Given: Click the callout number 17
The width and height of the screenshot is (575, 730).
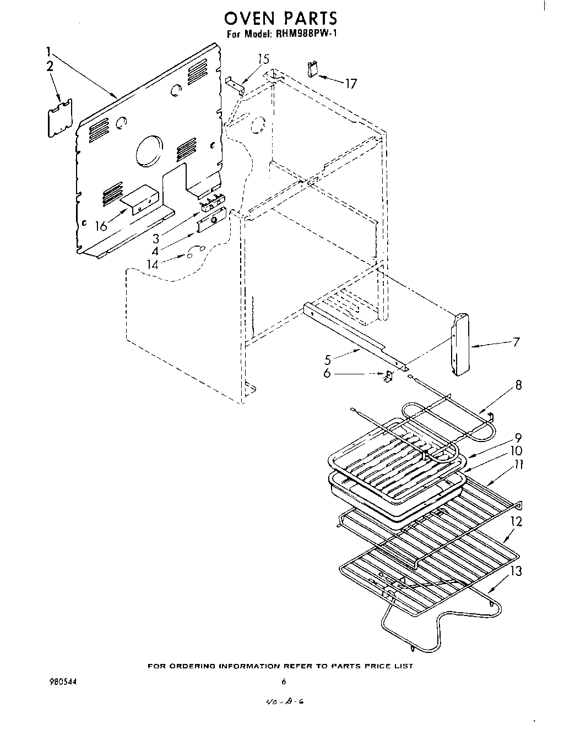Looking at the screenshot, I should pos(351,84).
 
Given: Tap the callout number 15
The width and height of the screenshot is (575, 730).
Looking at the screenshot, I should pos(264,59).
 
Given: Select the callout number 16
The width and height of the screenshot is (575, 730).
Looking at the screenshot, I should pos(101,226).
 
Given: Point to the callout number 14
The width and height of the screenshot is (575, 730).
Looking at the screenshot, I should pos(152,264).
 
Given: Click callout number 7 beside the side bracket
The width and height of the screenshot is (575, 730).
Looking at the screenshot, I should pos(516,342).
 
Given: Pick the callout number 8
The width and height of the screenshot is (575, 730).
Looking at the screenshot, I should pos(518,385).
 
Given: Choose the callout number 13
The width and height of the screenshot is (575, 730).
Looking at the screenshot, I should pos(516,571).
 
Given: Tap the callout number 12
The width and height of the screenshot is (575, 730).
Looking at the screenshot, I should pos(516,521).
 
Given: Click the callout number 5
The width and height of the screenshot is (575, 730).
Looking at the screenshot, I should pos(328,360).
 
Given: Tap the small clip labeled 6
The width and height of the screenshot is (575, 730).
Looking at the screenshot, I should pos(388,376).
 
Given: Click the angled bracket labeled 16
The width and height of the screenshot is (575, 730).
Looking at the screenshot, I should pos(140,199).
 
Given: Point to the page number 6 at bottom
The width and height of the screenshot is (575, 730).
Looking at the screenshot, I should pos(284,682).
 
